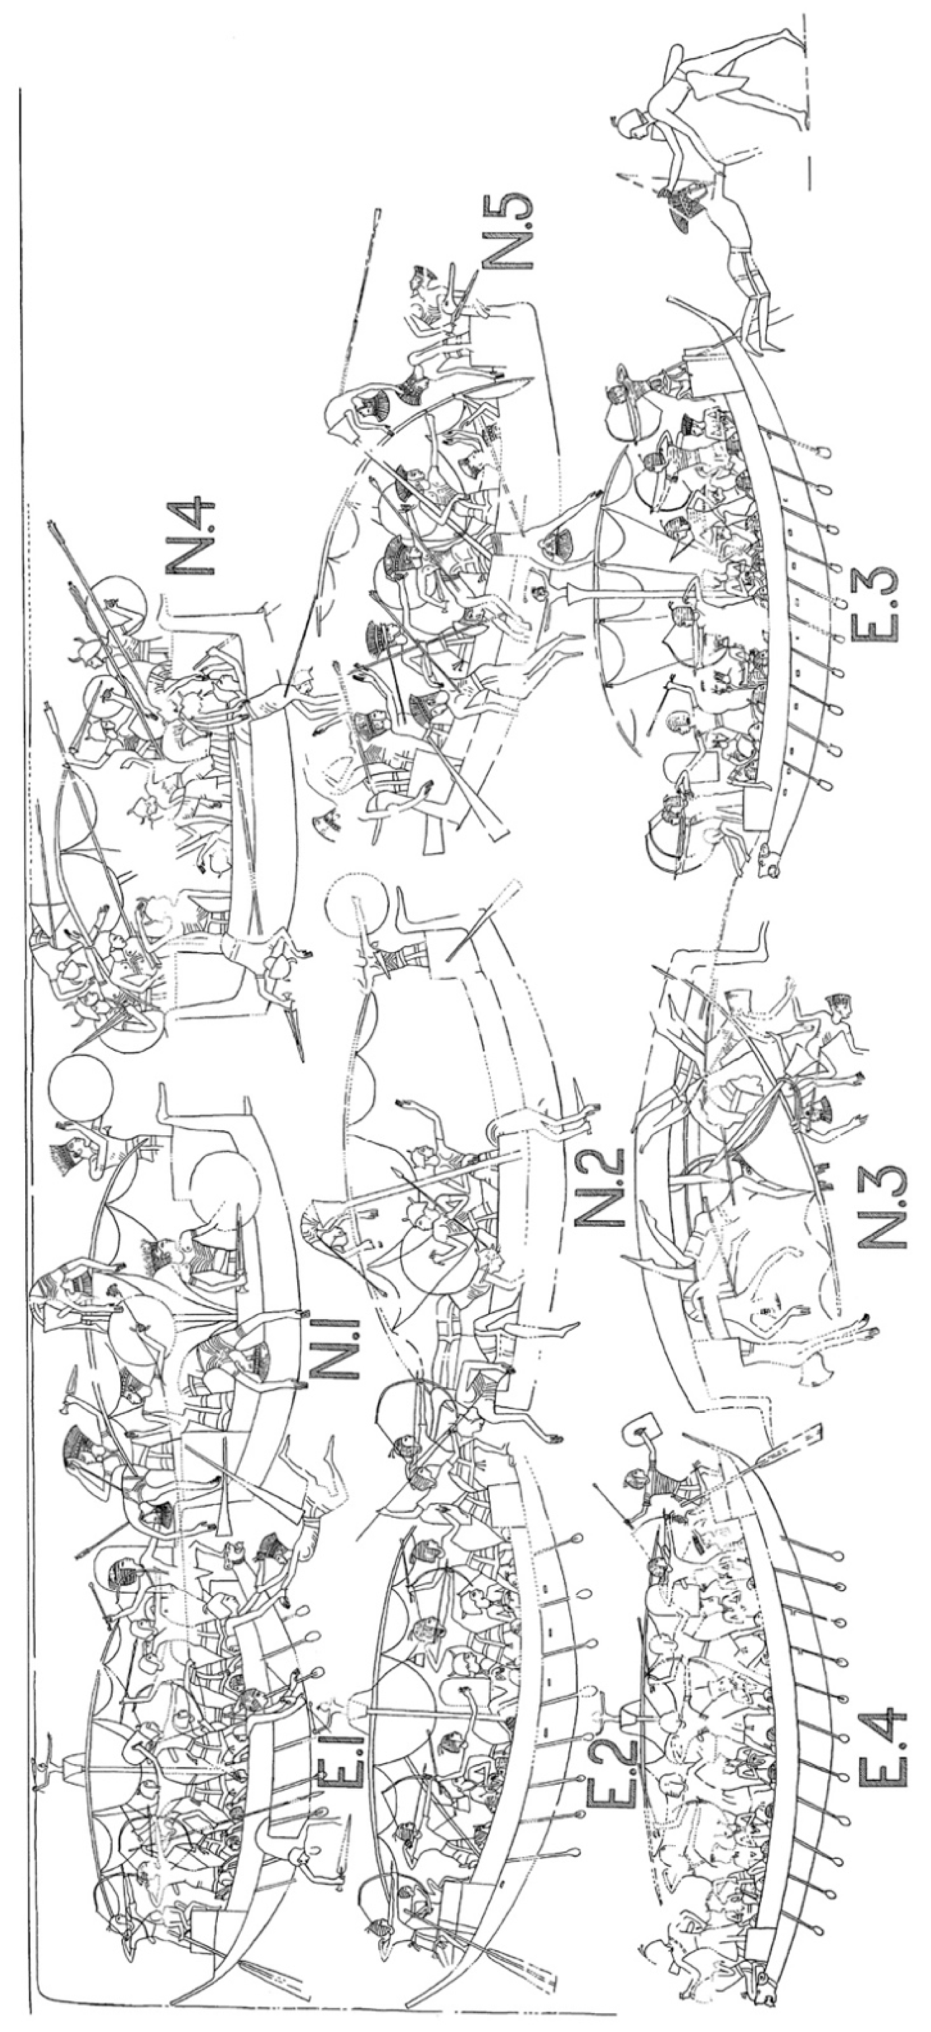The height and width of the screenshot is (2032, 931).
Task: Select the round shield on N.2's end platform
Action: [x=359, y=907]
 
